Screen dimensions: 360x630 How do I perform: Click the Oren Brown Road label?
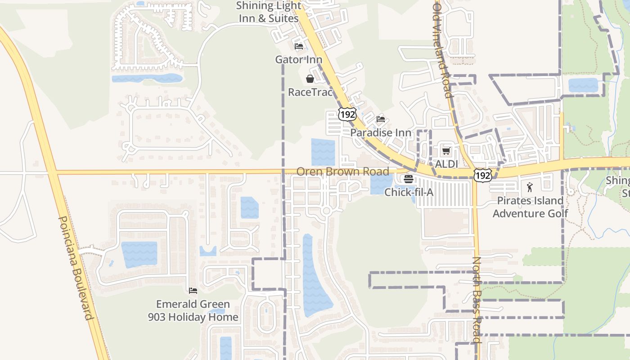point(342,171)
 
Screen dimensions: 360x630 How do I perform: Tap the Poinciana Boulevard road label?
point(76,268)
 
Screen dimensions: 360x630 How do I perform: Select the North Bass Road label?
point(477,300)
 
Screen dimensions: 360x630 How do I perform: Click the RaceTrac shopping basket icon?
point(310,79)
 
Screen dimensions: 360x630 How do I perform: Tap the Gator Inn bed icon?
point(298,46)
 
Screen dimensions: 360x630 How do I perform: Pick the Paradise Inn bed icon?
point(381,119)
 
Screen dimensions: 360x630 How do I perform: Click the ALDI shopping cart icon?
point(446,151)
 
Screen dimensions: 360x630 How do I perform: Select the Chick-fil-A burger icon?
point(409,179)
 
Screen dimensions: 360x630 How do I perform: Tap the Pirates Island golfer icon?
point(530,187)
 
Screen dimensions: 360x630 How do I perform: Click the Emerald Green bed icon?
point(193,291)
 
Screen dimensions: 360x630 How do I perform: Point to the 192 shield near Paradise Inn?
point(347,114)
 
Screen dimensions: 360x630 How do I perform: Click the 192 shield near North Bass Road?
point(482,175)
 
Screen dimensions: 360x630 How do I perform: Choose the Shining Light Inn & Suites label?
point(268,12)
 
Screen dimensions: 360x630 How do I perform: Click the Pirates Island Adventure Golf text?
point(530,207)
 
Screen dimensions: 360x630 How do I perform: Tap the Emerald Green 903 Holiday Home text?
point(193,310)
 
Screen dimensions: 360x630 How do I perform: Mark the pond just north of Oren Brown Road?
point(323,152)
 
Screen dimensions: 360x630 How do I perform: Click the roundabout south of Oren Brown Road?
point(327,211)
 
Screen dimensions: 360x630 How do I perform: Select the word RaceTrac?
point(310,92)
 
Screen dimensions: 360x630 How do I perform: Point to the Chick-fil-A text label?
point(409,192)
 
